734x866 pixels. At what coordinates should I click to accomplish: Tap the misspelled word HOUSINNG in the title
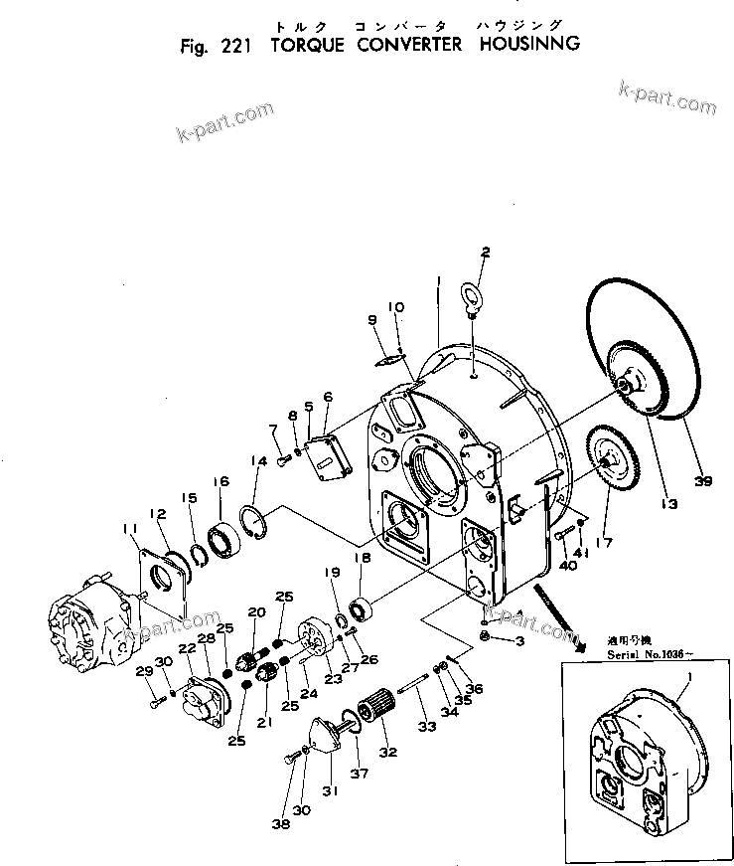click(x=527, y=45)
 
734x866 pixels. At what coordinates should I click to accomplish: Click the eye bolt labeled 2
click(x=473, y=297)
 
